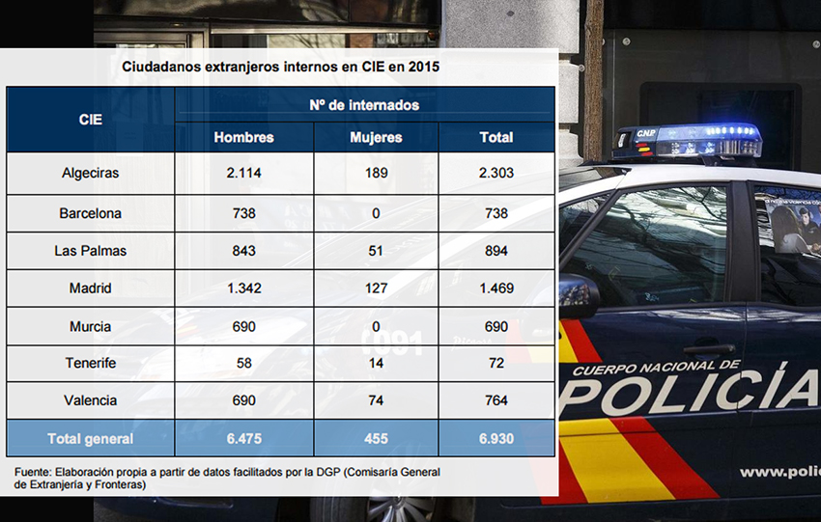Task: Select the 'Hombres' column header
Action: [243, 137]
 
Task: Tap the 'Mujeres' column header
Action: [376, 137]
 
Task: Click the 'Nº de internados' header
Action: [364, 104]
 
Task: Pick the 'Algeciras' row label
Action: [90, 174]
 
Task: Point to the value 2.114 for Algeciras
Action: [243, 174]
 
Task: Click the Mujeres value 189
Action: [376, 174]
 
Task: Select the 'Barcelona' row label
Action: [90, 213]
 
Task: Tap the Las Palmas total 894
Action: [496, 251]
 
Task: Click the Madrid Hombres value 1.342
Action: [243, 288]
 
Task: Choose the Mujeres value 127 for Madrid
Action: [376, 288]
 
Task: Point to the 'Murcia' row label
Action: [90, 326]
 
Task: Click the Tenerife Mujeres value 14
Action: [376, 364]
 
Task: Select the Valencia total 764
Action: [496, 400]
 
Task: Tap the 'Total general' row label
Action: [90, 439]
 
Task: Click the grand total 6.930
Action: [496, 439]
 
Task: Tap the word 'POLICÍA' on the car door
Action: [691, 391]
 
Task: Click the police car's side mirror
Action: [577, 294]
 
